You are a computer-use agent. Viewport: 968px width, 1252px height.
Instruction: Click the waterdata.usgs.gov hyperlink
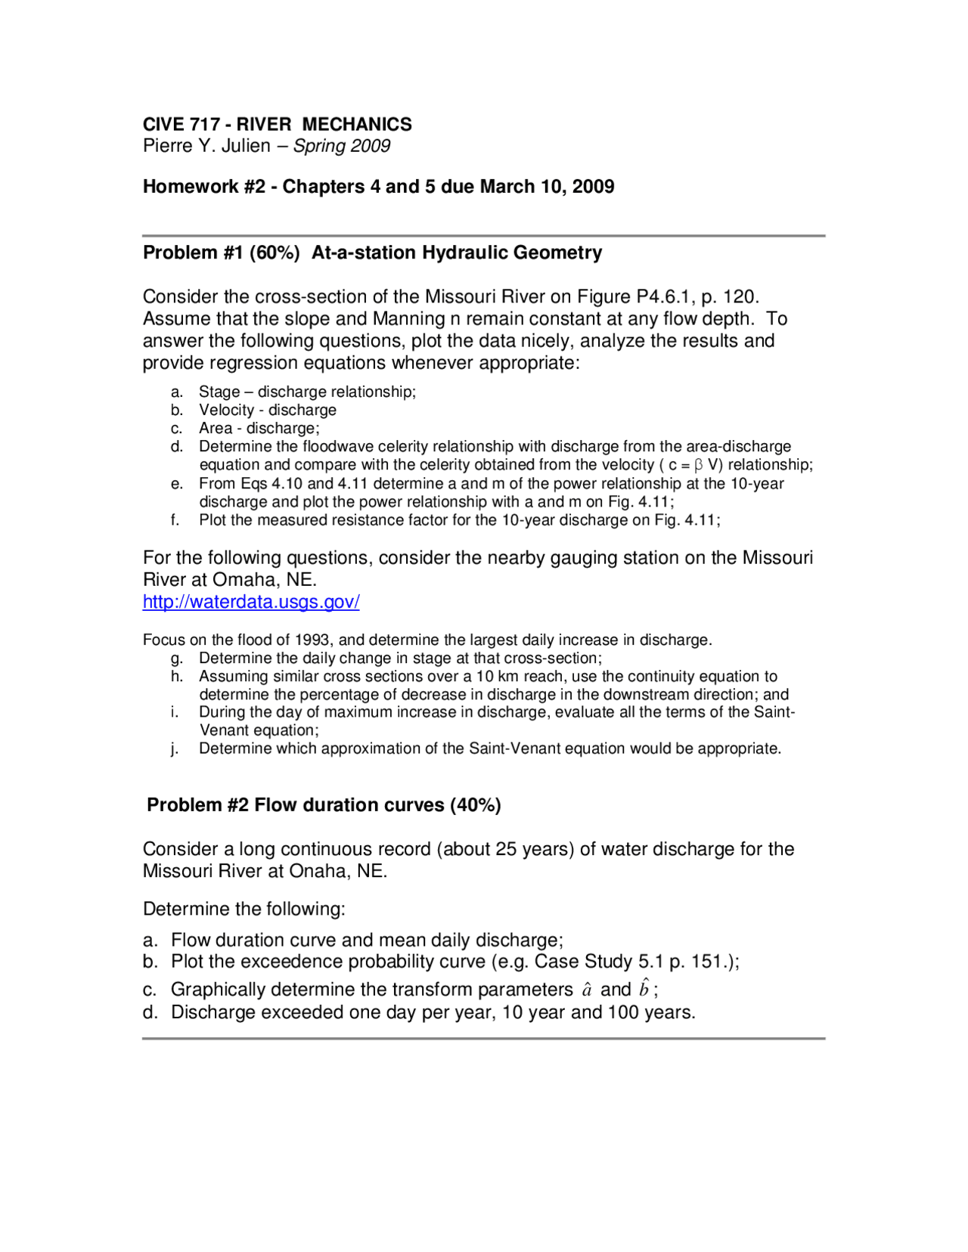[x=251, y=602]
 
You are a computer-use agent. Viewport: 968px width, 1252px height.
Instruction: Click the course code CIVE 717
[x=181, y=124]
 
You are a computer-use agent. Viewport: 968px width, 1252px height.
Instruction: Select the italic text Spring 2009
[x=342, y=146]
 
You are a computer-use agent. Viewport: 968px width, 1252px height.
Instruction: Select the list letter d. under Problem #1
[x=176, y=447]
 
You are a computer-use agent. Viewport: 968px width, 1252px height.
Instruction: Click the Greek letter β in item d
[x=699, y=465]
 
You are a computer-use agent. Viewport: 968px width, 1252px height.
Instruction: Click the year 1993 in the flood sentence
[x=312, y=640]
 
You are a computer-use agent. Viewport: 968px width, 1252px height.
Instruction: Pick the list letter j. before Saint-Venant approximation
[x=175, y=749]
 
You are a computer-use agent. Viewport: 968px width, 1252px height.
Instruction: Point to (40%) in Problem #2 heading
[x=475, y=805]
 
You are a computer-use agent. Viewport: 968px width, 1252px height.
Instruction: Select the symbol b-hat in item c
[x=644, y=989]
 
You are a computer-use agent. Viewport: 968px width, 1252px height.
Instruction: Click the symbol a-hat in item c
[x=587, y=990]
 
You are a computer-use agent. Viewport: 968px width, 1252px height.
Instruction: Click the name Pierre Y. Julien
[x=206, y=146]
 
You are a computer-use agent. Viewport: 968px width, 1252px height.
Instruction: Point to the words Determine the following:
[x=244, y=909]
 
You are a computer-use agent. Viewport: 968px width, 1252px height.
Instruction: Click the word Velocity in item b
[x=226, y=411]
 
